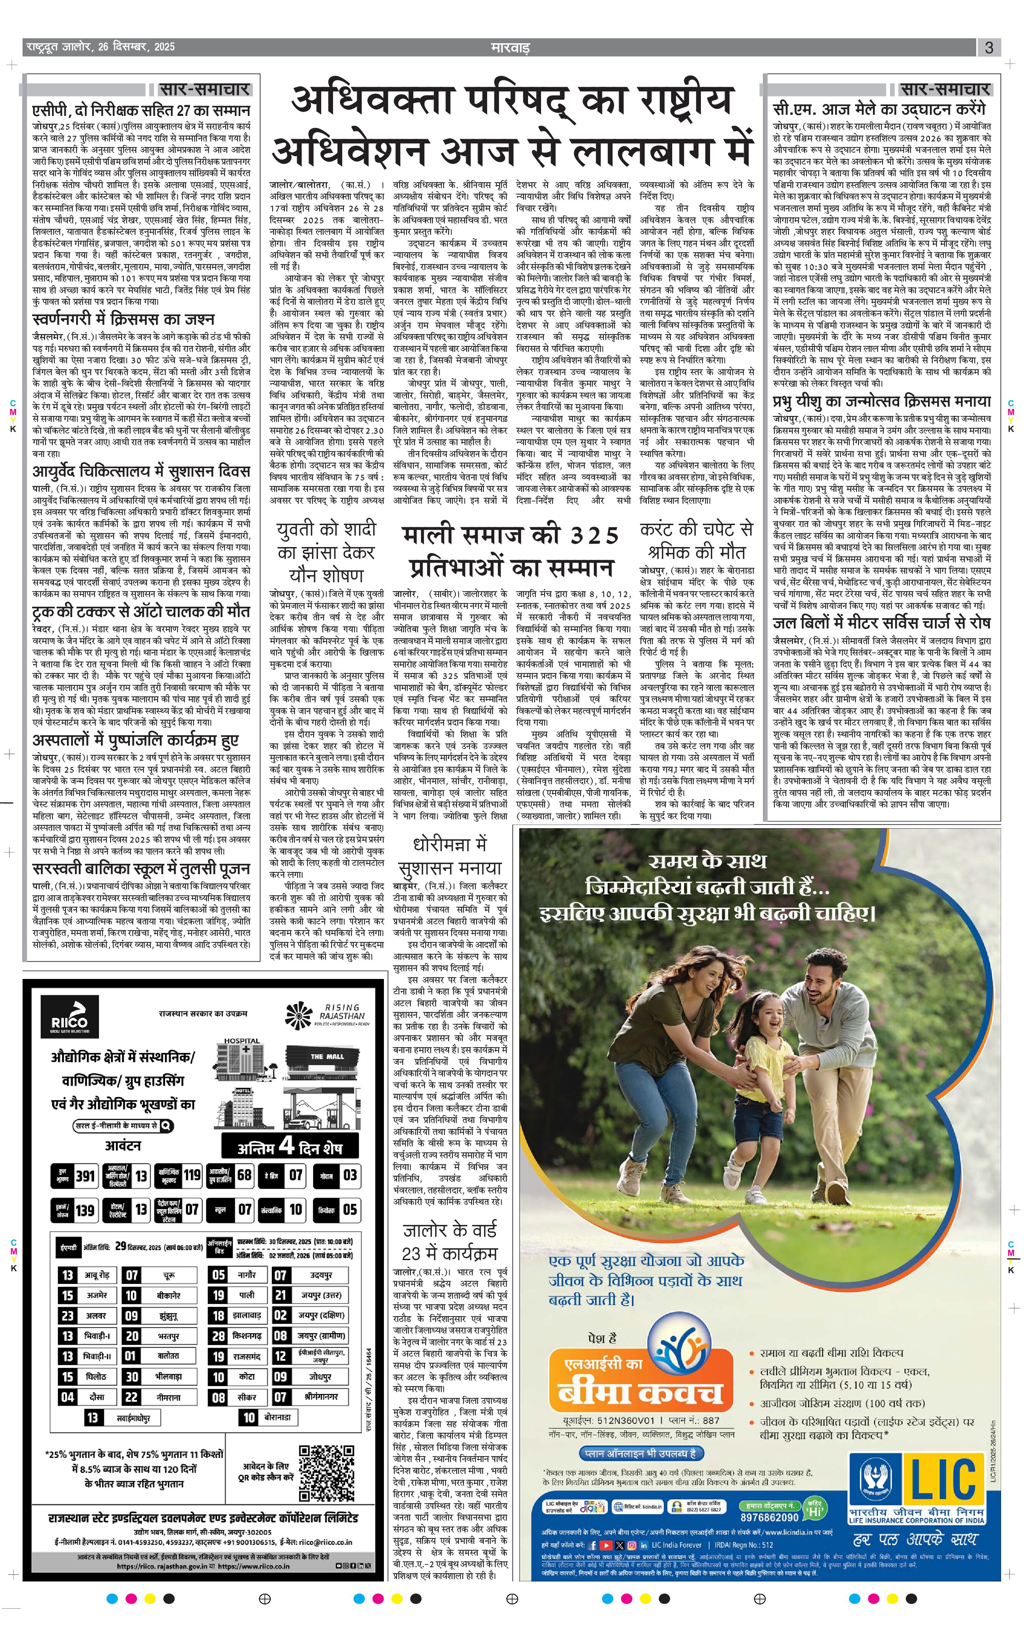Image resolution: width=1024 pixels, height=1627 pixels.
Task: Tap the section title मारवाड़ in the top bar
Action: [510, 48]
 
